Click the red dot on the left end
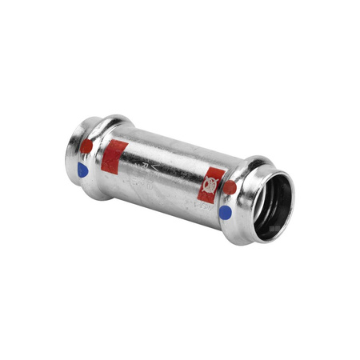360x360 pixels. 86,146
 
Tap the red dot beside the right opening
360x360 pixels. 230,188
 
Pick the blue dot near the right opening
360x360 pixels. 226,212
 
